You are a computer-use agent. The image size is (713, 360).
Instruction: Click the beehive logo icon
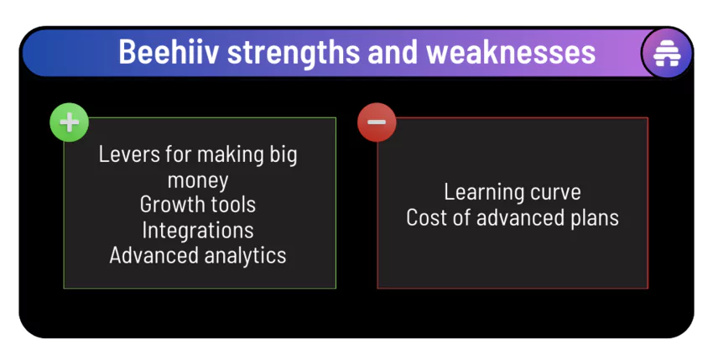(x=667, y=55)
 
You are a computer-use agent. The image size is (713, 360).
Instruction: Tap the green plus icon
(x=69, y=123)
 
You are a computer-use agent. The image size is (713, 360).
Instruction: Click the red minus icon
(x=377, y=123)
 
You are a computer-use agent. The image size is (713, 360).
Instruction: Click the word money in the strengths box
(x=198, y=180)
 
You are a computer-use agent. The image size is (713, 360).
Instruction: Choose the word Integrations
(x=198, y=230)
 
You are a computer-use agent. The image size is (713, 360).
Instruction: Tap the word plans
(x=591, y=217)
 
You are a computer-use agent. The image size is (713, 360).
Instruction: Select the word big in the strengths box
(x=283, y=154)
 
